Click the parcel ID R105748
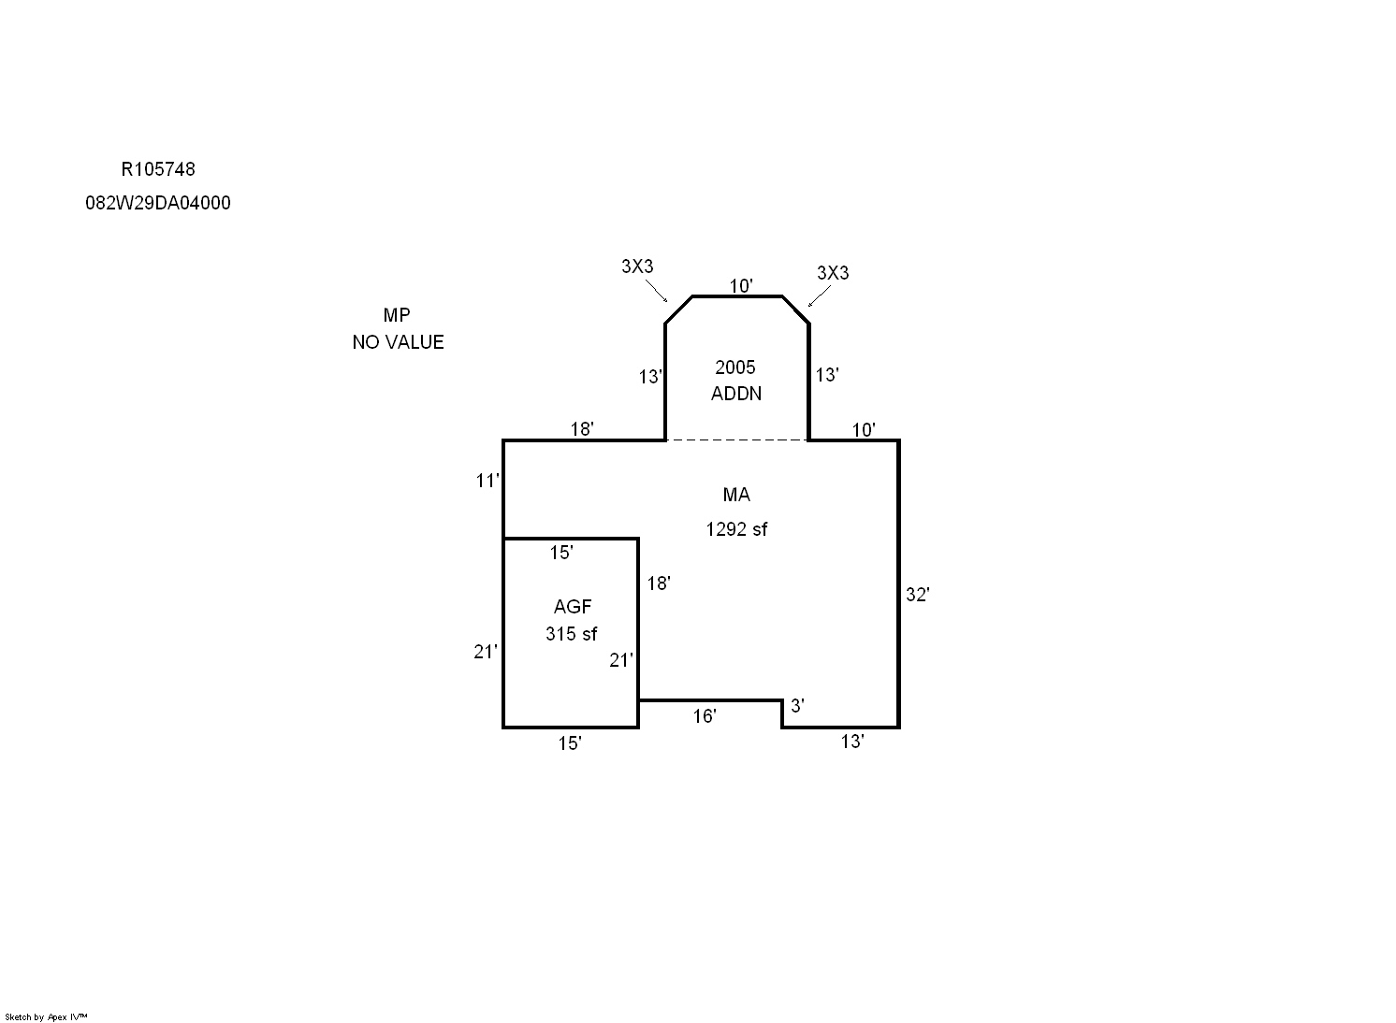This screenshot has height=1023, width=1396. (x=158, y=169)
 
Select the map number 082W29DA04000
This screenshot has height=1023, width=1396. (x=158, y=203)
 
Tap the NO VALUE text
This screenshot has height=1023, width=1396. (x=398, y=342)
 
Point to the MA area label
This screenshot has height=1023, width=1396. (x=736, y=495)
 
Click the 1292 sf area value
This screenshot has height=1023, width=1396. (x=736, y=529)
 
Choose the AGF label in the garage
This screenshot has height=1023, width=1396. (x=572, y=606)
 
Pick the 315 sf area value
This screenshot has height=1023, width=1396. (x=571, y=634)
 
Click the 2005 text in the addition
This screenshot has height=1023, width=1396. (x=734, y=367)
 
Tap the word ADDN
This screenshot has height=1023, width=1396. (x=736, y=394)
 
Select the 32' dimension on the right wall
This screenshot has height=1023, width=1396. (x=917, y=595)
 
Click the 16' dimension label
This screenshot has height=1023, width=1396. (x=705, y=716)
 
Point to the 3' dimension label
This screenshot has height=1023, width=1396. (x=797, y=706)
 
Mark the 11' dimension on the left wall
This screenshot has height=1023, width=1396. (x=487, y=481)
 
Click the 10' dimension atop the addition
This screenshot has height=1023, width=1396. (x=741, y=286)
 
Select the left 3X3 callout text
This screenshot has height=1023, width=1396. (x=637, y=267)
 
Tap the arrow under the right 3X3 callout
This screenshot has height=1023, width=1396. (x=819, y=295)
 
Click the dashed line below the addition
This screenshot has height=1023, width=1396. (x=736, y=440)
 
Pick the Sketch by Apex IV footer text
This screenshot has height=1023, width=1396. (x=46, y=1016)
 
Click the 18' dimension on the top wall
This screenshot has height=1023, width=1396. (x=581, y=429)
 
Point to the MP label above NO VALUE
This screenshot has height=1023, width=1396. (x=397, y=315)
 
